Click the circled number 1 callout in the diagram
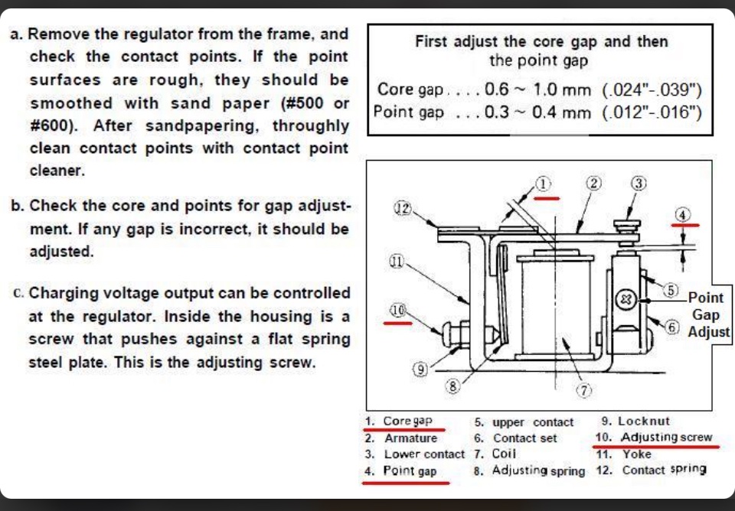coord(542,184)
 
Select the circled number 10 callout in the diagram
coord(397,310)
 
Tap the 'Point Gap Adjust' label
coord(708,314)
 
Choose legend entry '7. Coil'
coord(495,454)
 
